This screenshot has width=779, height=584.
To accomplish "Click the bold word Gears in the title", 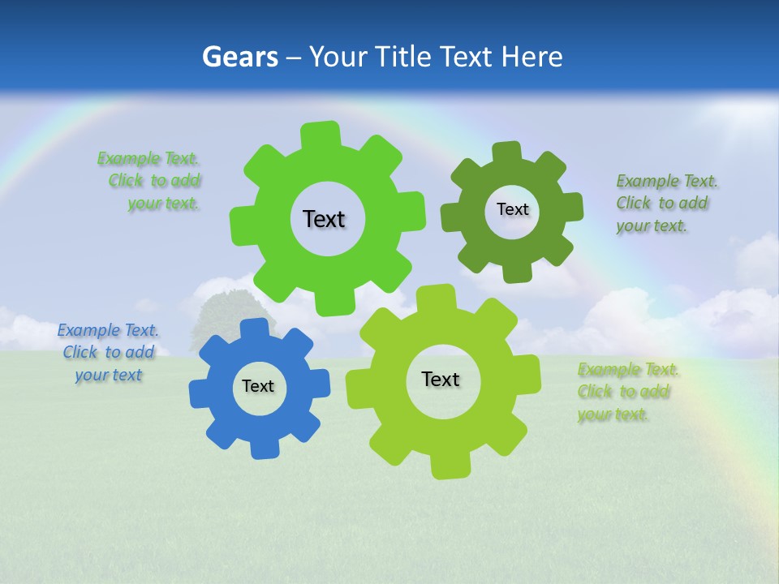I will (239, 57).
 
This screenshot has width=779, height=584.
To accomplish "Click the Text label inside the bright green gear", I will (324, 219).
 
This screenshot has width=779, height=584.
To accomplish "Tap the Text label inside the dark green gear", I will (512, 209).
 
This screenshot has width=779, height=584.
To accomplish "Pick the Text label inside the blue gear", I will (258, 386).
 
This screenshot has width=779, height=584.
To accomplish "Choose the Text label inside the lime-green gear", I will (441, 379).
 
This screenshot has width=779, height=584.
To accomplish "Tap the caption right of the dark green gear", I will (662, 203).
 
